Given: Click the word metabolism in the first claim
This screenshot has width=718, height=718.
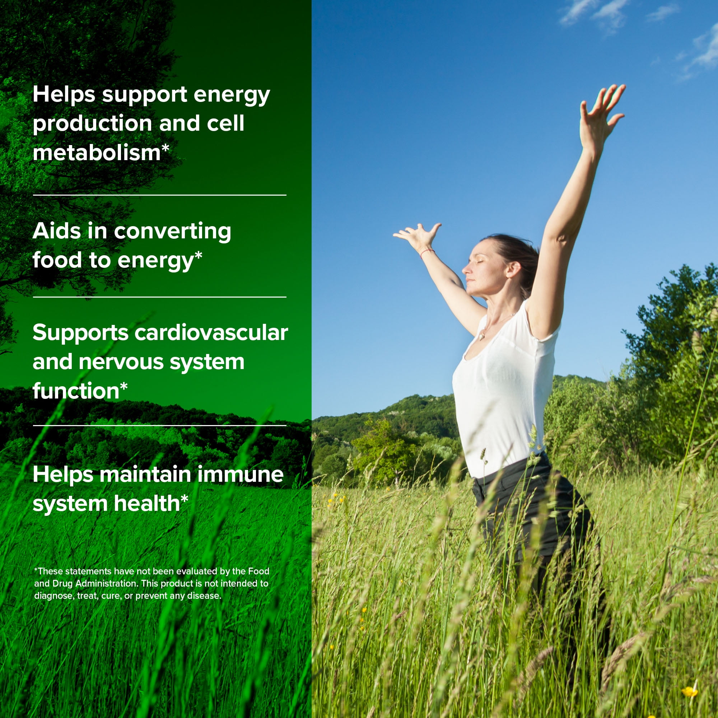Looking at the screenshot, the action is (97, 152).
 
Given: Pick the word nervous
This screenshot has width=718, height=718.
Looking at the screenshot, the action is (121, 362).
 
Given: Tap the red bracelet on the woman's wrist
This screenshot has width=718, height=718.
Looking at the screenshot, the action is (426, 253).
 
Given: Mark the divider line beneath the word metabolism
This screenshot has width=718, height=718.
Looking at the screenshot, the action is (159, 195).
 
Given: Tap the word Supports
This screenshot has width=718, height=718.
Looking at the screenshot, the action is (81, 333).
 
